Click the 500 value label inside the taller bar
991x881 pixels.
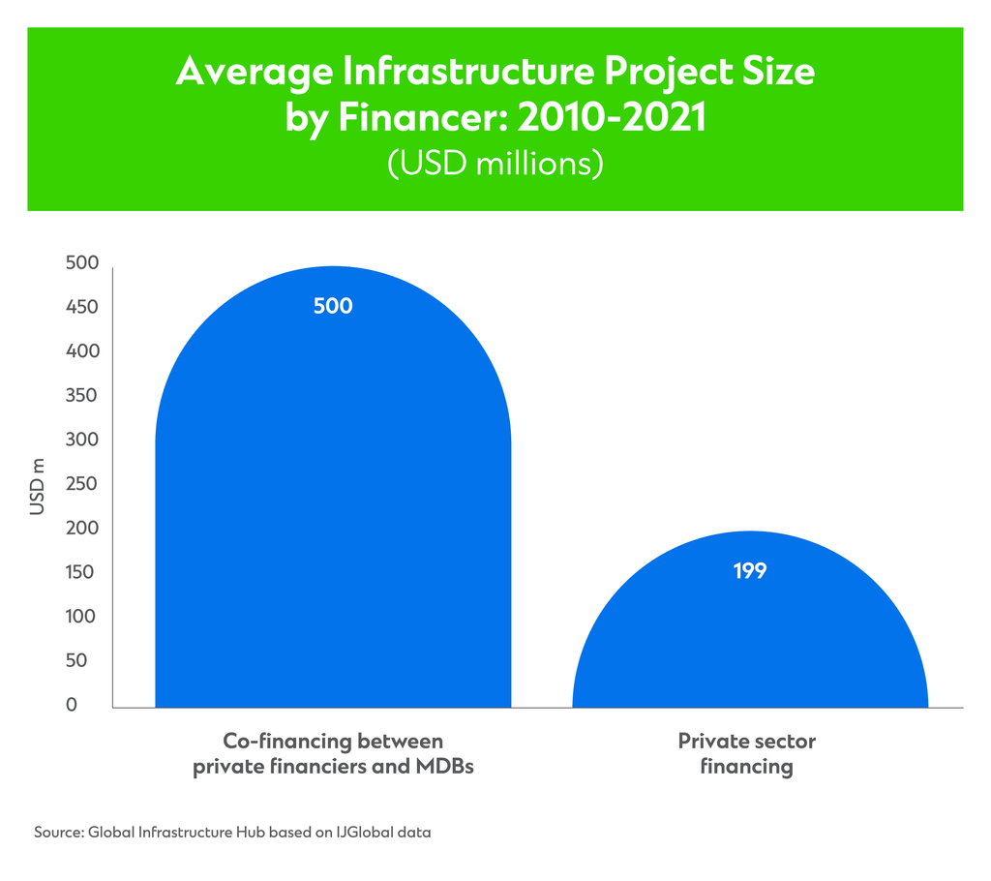tap(333, 307)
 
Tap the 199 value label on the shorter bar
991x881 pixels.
tap(750, 571)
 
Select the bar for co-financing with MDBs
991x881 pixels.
tap(333, 503)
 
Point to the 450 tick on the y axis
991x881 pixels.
tap(83, 308)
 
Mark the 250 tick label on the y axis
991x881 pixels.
tap(83, 484)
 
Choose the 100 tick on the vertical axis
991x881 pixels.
tap(83, 617)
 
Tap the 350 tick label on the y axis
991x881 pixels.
tap(83, 396)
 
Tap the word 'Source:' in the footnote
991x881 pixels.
tap(59, 832)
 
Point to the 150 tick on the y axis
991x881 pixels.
tap(83, 572)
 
